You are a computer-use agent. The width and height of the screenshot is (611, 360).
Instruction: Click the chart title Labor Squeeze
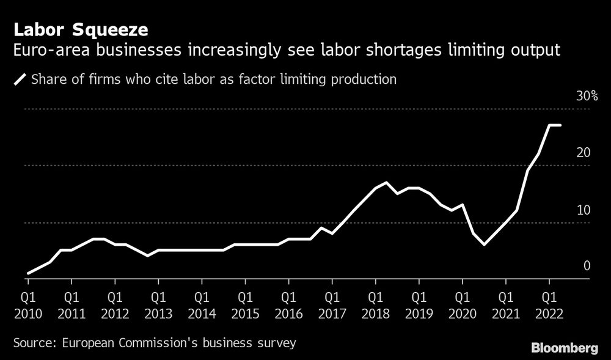click(x=76, y=29)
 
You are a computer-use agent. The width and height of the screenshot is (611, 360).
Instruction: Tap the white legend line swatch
click(x=20, y=79)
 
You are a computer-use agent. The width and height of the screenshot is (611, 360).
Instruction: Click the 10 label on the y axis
click(x=583, y=210)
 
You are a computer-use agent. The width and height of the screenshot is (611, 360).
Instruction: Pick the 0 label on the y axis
click(x=587, y=266)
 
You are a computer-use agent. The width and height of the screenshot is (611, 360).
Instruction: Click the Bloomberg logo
click(x=564, y=348)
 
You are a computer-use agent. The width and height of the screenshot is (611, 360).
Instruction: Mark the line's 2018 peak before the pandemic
click(x=386, y=183)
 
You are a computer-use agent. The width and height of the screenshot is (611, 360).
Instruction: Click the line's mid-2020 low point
click(x=484, y=244)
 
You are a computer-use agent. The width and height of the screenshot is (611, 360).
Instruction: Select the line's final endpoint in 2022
click(x=560, y=125)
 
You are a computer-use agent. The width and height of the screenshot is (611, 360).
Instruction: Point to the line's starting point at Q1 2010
click(x=28, y=273)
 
